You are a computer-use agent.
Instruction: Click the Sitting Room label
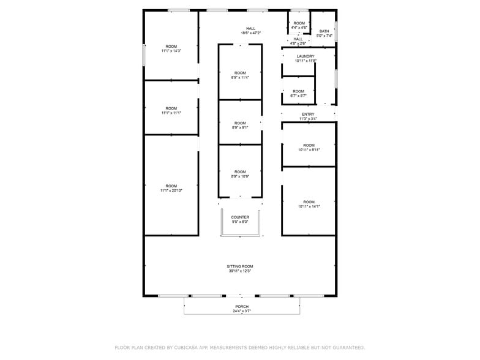[240, 266]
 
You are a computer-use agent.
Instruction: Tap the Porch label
[242, 307]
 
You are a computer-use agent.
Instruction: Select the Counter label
[240, 217]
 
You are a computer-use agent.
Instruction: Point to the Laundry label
[305, 56]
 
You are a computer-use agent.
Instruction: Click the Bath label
[324, 31]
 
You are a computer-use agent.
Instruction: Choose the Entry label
[308, 114]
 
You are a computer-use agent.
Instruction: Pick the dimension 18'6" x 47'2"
[251, 33]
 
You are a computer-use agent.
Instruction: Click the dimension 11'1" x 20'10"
[171, 190]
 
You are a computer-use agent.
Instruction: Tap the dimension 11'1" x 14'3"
[171, 51]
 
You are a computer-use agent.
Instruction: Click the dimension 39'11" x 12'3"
[240, 271]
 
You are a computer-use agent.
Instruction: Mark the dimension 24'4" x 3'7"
[242, 312]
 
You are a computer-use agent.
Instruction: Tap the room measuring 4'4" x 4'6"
[299, 25]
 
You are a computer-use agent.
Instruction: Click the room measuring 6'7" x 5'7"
[298, 93]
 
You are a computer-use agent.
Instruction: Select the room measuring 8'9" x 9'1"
[240, 125]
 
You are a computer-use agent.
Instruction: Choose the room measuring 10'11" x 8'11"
[309, 147]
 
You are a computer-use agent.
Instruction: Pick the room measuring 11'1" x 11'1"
[171, 110]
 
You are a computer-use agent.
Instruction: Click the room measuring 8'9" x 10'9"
[240, 174]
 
